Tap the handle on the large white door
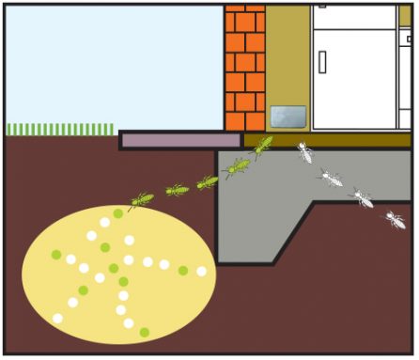point(322,62)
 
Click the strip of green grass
point(60,129)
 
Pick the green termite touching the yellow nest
point(141,199)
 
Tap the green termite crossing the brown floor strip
point(262,145)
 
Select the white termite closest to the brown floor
point(304,151)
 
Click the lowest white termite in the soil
point(395,220)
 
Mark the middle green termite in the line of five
point(207,181)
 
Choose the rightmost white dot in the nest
point(201,272)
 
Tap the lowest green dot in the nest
point(144,332)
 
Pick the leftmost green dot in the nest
point(56,255)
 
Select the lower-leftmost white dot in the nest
point(58,319)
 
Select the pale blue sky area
point(113,61)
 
